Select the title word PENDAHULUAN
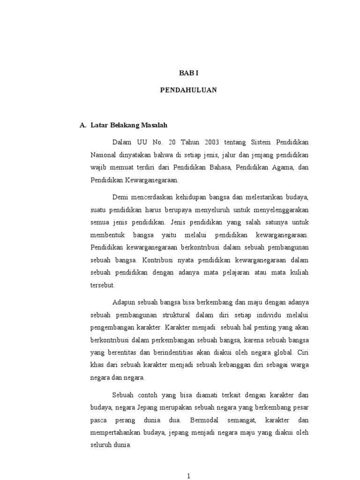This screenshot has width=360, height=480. pos(188,90)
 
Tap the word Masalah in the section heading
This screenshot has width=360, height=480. pos(153,126)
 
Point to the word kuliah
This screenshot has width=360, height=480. pos(298,272)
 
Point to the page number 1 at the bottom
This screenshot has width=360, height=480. pos(188,476)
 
